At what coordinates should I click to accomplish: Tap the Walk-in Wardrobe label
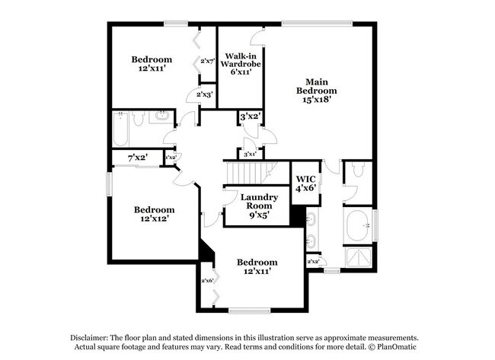241,65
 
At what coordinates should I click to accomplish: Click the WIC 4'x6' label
305,183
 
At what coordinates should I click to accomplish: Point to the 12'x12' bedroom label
154,214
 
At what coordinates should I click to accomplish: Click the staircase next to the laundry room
244,173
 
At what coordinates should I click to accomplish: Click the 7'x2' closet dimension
137,158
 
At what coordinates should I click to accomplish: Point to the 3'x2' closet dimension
251,117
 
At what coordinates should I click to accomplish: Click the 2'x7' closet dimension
207,61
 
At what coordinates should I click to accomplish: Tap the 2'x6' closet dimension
207,281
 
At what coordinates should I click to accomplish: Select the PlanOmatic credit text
395,347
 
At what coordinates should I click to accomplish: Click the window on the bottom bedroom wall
249,310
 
